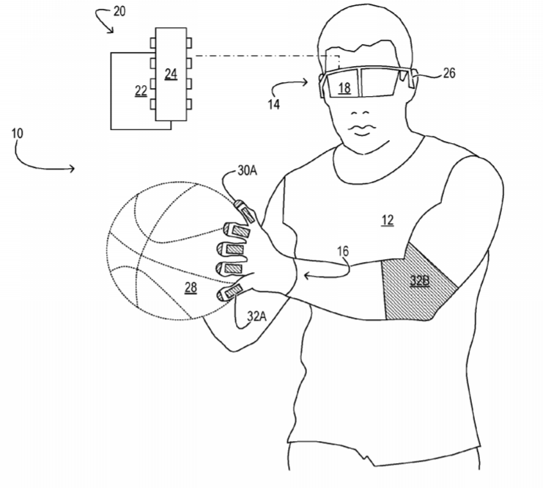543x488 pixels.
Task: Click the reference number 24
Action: (171, 74)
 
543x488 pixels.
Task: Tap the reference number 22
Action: (141, 91)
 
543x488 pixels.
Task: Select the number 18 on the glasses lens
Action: (344, 88)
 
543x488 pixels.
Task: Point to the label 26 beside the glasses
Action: (448, 73)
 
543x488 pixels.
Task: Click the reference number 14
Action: (273, 104)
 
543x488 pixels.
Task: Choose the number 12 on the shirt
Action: (388, 220)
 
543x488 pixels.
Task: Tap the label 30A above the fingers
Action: (247, 170)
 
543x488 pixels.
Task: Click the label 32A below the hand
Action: (256, 316)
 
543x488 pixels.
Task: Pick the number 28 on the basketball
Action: (191, 287)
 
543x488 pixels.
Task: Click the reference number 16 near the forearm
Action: (343, 252)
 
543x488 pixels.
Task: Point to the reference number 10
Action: (18, 134)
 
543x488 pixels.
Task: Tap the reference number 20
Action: (119, 12)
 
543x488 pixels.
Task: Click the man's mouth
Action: (362, 131)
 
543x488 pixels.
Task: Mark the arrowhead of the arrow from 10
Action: (72, 169)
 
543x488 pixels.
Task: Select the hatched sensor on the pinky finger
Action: (233, 291)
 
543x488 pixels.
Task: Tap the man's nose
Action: (360, 113)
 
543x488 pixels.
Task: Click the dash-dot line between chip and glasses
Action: (266, 56)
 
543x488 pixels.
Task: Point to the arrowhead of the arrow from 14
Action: (305, 82)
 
